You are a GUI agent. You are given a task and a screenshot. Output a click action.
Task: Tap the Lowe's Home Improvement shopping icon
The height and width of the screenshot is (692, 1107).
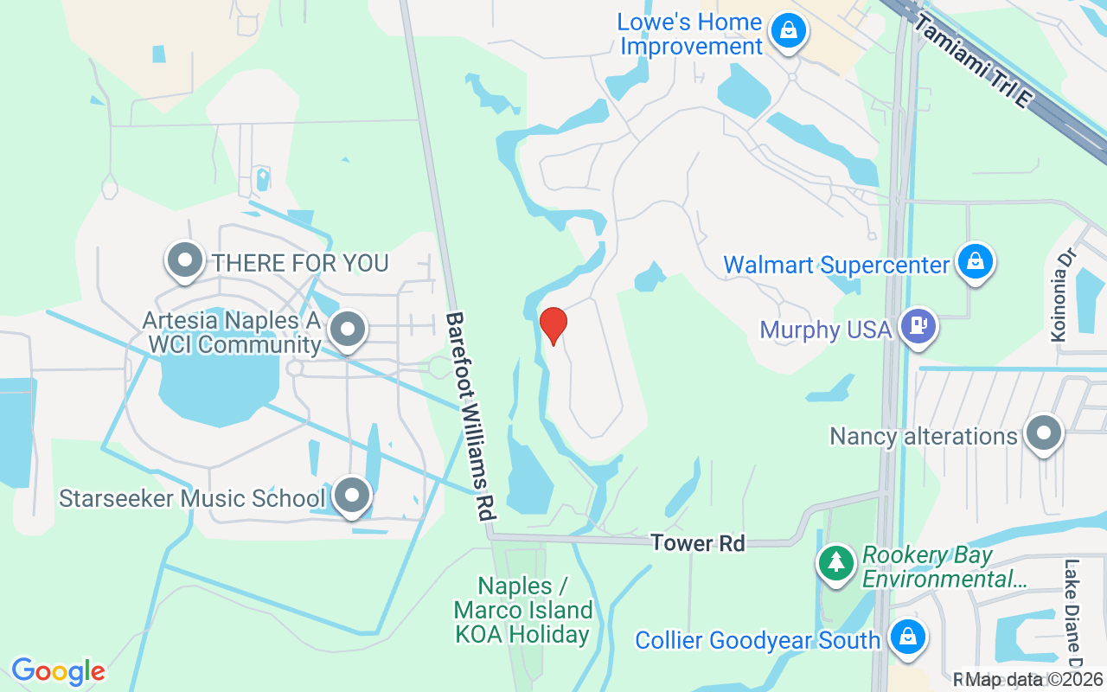789,31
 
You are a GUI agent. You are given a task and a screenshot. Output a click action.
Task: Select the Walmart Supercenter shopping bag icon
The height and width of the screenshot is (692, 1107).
976,260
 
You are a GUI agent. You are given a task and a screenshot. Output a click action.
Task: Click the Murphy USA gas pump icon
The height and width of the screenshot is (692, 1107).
918,327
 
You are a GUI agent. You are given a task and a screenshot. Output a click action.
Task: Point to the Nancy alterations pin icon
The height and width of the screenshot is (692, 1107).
1043,432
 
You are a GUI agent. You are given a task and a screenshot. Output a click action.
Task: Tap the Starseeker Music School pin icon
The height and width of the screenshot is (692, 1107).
351,497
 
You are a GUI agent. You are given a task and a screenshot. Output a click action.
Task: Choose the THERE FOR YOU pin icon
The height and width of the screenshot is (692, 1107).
184,259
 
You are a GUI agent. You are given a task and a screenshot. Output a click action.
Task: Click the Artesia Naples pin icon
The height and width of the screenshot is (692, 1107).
348,329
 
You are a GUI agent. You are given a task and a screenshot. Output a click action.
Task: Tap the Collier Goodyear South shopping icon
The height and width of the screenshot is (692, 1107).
907,638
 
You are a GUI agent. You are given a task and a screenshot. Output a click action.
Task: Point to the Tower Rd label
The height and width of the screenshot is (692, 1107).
697,543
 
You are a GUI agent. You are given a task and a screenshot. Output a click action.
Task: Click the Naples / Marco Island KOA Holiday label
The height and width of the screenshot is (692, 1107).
523,610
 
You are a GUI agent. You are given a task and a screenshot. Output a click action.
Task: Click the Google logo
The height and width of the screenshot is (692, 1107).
58,671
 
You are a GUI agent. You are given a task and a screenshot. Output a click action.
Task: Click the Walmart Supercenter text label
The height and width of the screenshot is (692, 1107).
836,265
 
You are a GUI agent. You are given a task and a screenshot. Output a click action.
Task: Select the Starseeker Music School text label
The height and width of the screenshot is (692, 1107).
191,499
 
